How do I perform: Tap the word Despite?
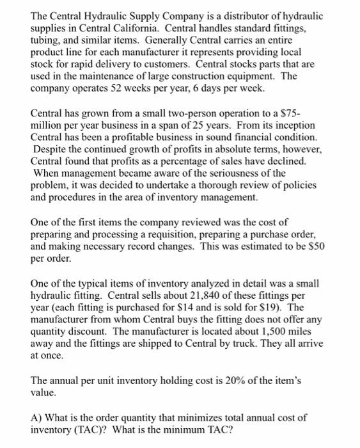point(51,150)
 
